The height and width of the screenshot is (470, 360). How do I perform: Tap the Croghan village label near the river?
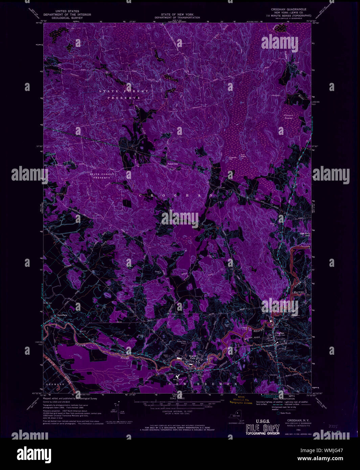(280, 333)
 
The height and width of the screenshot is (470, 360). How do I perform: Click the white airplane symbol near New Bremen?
(178, 376)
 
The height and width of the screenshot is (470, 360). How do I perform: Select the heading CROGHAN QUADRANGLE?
(289, 9)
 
